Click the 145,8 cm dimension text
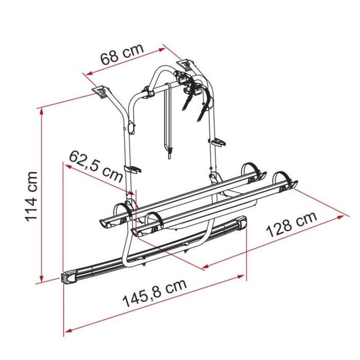[155, 293]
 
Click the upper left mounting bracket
[101, 92]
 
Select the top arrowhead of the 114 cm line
[42, 112]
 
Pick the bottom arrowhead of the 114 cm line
[42, 278]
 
